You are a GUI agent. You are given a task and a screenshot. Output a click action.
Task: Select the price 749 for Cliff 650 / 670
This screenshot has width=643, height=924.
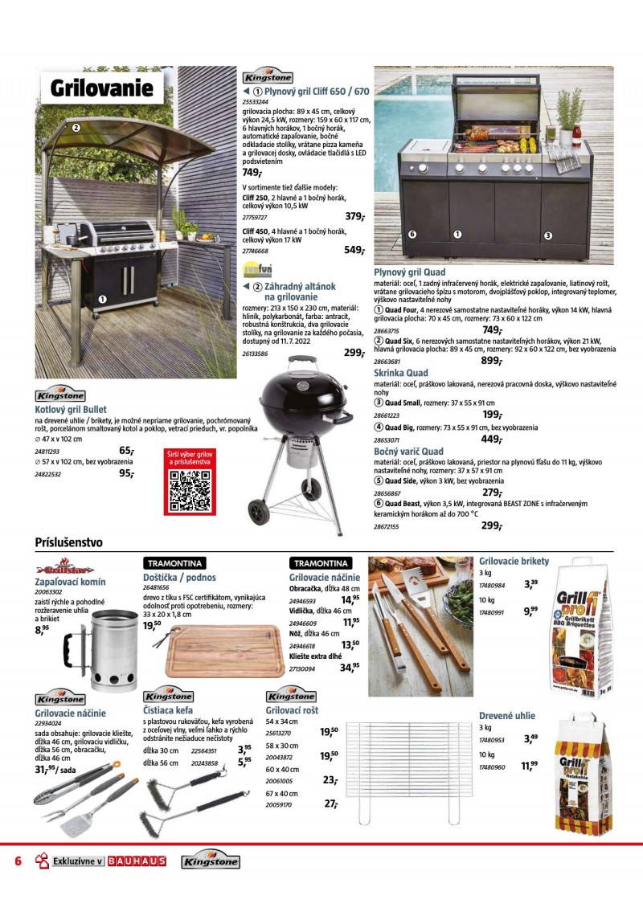click(x=252, y=173)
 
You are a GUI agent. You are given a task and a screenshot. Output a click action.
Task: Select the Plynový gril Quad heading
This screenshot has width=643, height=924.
click(x=410, y=273)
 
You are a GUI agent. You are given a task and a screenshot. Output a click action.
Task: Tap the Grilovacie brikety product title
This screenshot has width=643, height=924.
click(x=514, y=561)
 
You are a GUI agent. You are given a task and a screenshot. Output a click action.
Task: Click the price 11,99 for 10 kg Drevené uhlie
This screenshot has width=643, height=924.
click(x=528, y=767)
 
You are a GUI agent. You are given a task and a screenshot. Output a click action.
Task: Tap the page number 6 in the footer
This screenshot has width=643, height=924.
click(x=17, y=862)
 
